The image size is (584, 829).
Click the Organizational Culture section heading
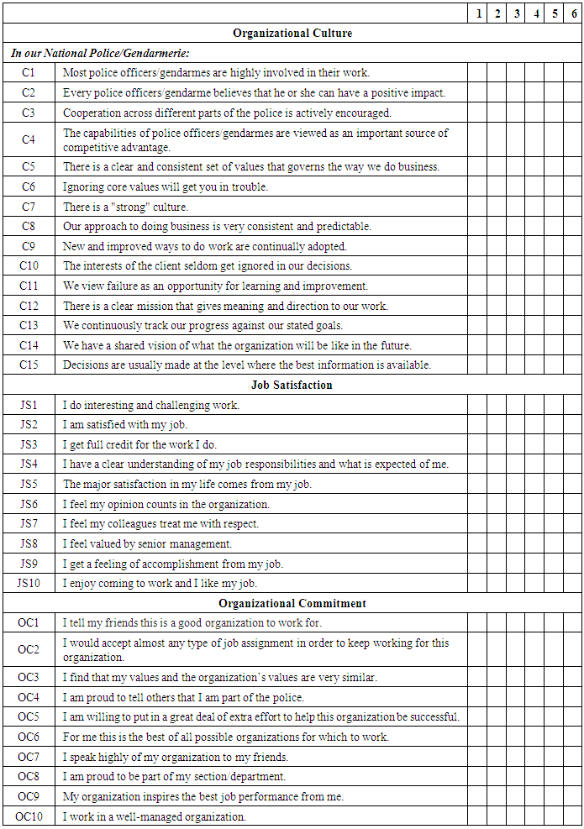point(292,34)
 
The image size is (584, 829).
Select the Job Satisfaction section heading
point(292,386)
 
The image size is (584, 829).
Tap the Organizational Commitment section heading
point(292,603)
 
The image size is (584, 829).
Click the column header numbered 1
point(477,13)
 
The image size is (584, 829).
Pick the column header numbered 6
point(573,13)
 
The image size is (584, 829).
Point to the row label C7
point(29,207)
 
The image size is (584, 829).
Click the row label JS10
point(29,583)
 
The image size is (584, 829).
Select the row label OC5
point(29,717)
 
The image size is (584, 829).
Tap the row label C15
point(29,365)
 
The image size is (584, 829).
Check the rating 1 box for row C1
point(477,73)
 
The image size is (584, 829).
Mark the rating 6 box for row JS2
point(573,425)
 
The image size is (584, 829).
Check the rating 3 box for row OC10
point(515,816)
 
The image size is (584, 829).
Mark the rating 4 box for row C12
point(534,306)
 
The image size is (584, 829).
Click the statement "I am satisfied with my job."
point(125,425)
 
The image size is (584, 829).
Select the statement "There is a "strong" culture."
point(126,207)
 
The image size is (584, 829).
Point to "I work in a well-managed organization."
point(155,816)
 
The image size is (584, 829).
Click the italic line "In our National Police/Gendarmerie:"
point(100,53)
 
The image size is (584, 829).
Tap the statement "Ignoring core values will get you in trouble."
point(166,186)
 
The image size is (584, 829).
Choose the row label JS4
point(29,464)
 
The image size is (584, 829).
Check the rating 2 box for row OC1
point(497,623)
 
